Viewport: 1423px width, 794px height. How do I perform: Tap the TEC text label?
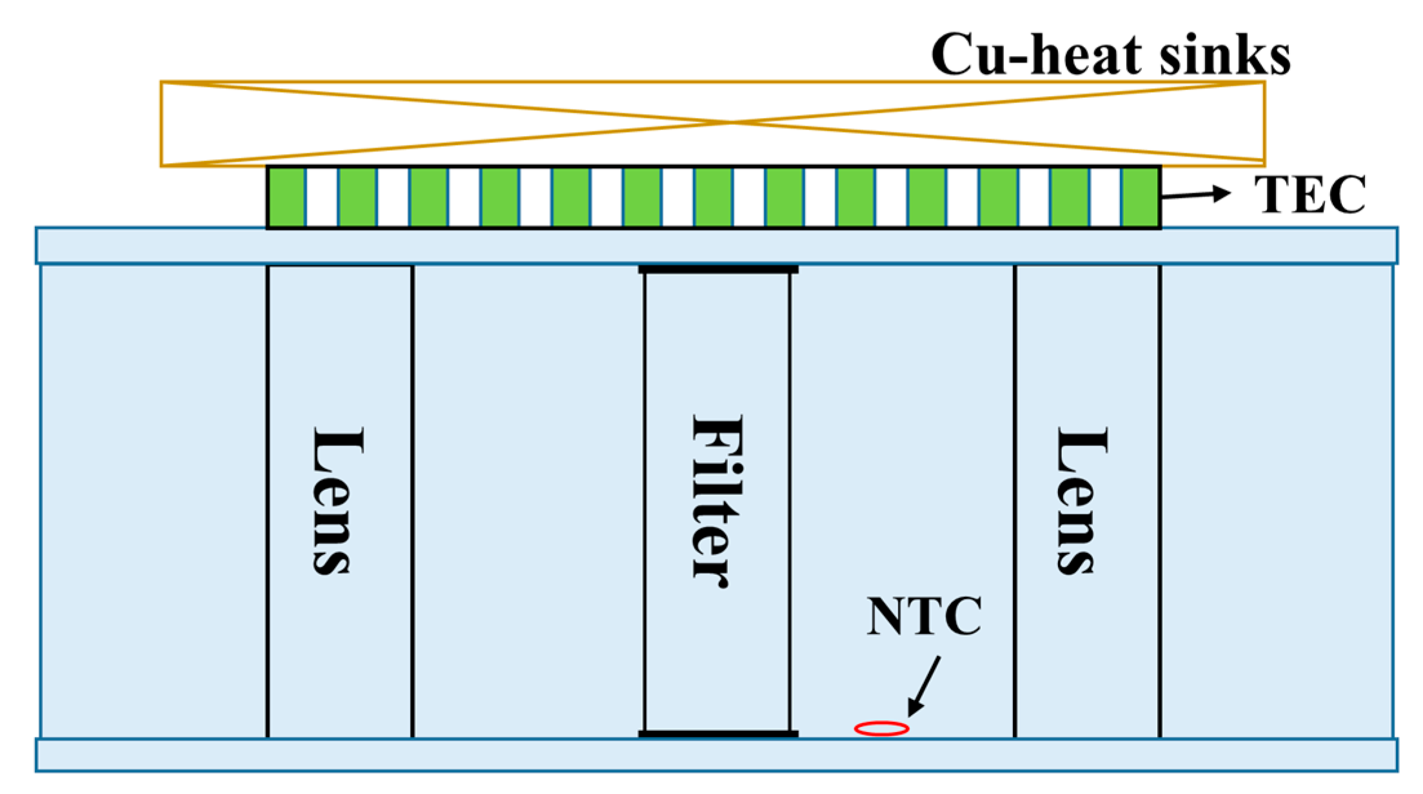click(1310, 194)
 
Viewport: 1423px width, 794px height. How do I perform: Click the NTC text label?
click(924, 617)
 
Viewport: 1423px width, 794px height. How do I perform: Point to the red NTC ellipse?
click(881, 729)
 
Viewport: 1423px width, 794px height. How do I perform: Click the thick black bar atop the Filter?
click(718, 269)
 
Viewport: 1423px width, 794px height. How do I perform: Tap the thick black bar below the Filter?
click(718, 734)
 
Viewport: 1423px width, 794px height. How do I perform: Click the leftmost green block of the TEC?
click(287, 197)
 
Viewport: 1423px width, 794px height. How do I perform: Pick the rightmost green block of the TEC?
click(1140, 197)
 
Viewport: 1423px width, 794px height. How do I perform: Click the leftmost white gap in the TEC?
click(322, 197)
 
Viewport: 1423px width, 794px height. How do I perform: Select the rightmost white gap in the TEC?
click(1105, 197)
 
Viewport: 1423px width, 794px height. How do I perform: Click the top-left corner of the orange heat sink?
click(161, 82)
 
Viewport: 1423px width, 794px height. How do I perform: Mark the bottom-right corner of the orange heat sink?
click(1264, 165)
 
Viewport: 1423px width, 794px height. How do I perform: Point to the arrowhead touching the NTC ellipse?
click(914, 709)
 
